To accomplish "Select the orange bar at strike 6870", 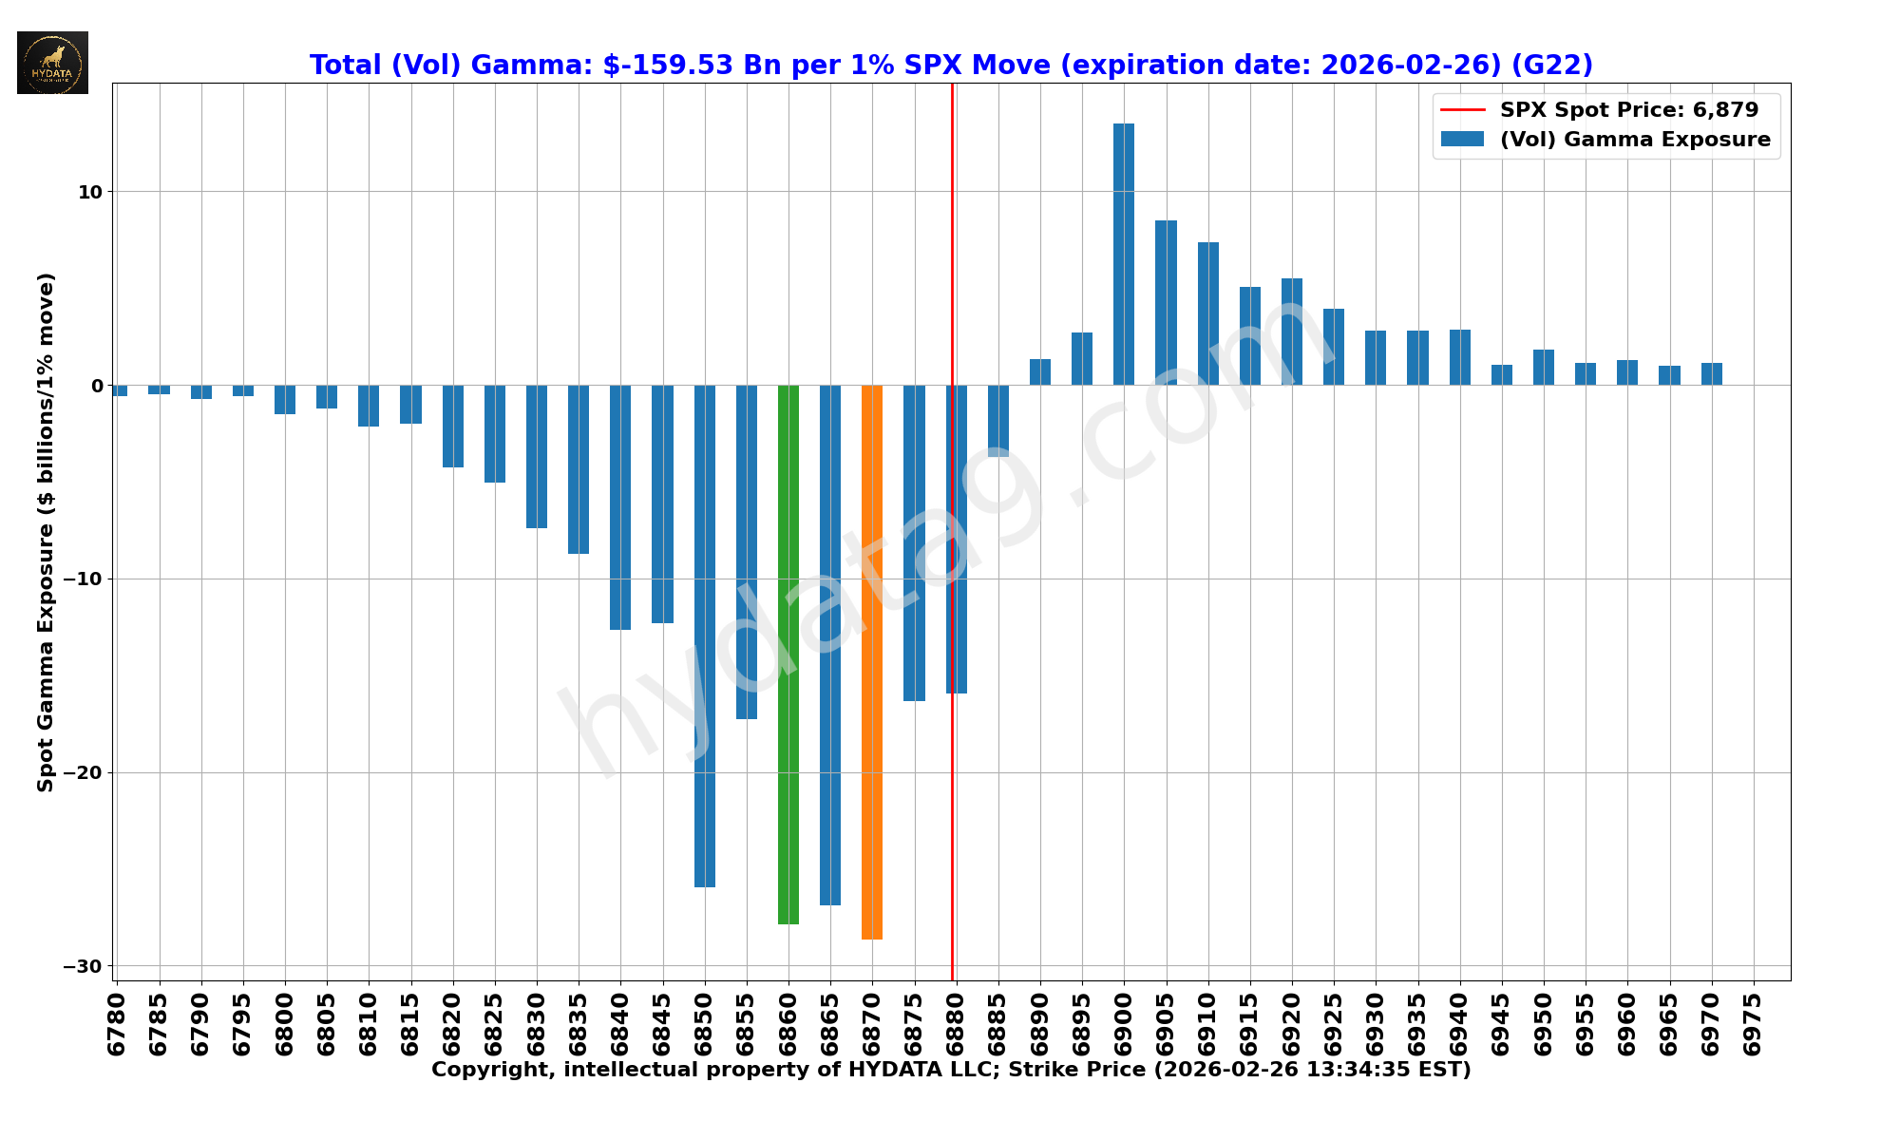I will click(871, 661).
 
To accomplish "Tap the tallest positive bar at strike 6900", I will click(1123, 255).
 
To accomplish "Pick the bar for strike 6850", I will click(704, 636).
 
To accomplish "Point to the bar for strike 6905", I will click(1166, 302).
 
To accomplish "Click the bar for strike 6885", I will click(997, 420).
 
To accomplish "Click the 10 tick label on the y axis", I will click(90, 192).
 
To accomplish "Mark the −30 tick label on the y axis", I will click(84, 966).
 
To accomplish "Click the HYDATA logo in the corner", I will click(52, 63).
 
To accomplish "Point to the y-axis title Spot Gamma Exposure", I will click(46, 532).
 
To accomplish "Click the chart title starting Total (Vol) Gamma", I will click(951, 65).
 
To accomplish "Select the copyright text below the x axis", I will click(951, 1070).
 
